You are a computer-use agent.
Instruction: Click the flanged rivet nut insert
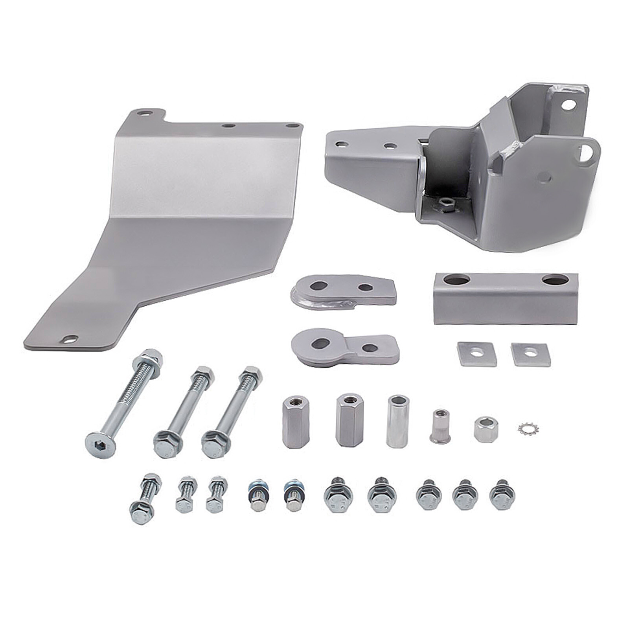click(x=440, y=427)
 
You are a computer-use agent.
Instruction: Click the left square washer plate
click(x=476, y=353)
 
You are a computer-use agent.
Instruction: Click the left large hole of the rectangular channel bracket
click(x=456, y=280)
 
